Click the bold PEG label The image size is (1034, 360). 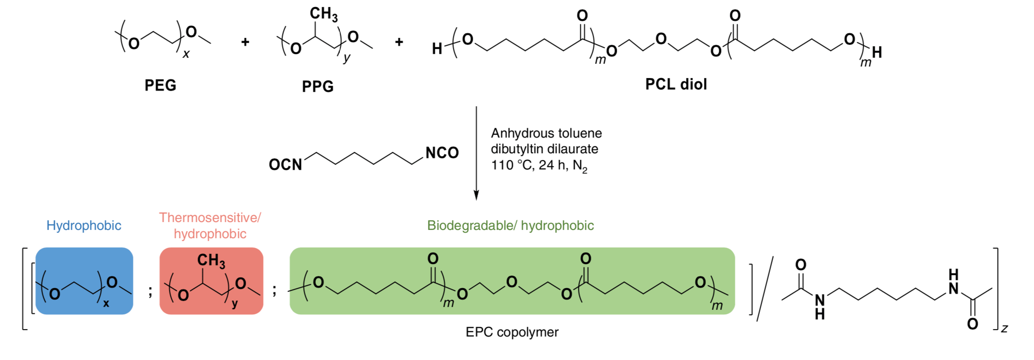161,85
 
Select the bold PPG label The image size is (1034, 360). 318,86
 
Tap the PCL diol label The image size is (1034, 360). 676,84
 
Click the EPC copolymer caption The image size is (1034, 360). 512,332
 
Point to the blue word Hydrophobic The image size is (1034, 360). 84,226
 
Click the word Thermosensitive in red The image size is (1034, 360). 210,217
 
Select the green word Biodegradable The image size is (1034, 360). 471,225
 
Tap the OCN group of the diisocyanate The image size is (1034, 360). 285,165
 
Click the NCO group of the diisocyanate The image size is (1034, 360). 442,153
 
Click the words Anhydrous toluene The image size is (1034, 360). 547,133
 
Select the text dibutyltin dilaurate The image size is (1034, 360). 545,149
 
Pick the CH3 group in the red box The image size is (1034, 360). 211,261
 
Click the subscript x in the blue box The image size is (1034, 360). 106,304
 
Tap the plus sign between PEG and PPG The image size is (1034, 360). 245,42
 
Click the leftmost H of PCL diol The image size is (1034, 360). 437,48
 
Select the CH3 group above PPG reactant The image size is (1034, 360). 324,14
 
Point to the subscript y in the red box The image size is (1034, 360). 235,305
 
